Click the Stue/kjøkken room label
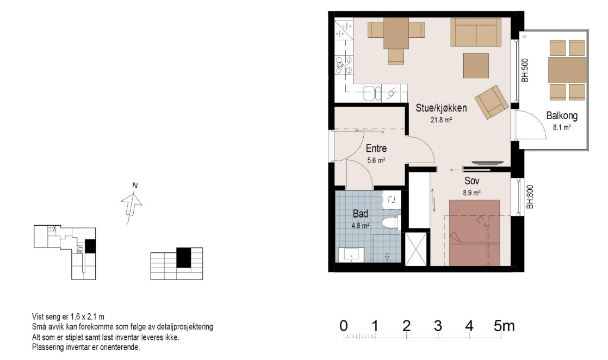pos(441,108)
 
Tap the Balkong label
pos(562,116)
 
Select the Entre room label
pos(376,148)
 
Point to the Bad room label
pos(360,214)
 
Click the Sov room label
pos(472,181)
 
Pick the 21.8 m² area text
pos(441,120)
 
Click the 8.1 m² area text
pos(562,127)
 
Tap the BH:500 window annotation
pos(525,70)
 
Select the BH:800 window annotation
pos(530,197)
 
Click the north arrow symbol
pos(132,202)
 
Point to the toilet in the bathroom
pos(390,223)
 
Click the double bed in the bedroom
pos(474,233)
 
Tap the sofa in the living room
pos(476,32)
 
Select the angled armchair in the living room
pos(491,102)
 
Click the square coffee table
pos(476,66)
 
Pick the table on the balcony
pos(567,70)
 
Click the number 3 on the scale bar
pos(438,326)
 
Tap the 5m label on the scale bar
pos(504,326)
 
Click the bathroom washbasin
pos(351,255)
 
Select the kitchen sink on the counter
pos(372,94)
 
